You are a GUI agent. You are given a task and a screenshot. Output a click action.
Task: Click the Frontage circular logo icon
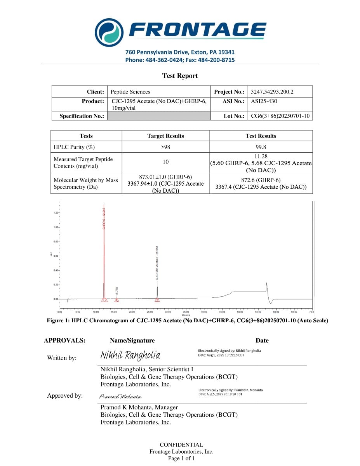(x=109, y=32)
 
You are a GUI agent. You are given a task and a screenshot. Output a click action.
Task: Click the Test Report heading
(x=180, y=76)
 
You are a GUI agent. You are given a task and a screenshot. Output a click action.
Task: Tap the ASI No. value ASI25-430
(x=264, y=101)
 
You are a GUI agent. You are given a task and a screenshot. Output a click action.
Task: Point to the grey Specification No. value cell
(x=158, y=116)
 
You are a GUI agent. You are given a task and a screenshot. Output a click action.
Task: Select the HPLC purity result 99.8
(x=261, y=147)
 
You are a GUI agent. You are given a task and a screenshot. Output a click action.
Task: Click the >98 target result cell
(x=165, y=147)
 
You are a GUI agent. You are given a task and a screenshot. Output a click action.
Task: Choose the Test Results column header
(x=261, y=136)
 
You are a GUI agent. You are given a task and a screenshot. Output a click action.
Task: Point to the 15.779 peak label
(x=117, y=291)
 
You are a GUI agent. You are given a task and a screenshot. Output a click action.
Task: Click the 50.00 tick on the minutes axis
(x=240, y=311)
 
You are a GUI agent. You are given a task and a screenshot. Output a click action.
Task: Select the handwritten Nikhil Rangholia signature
(x=130, y=355)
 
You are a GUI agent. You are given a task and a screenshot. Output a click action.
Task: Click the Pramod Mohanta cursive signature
(x=120, y=396)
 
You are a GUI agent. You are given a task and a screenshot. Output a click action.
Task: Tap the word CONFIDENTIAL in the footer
(x=181, y=445)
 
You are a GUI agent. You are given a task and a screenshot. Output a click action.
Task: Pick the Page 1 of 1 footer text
(x=181, y=459)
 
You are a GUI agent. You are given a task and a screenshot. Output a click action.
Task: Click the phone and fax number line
(x=180, y=60)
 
